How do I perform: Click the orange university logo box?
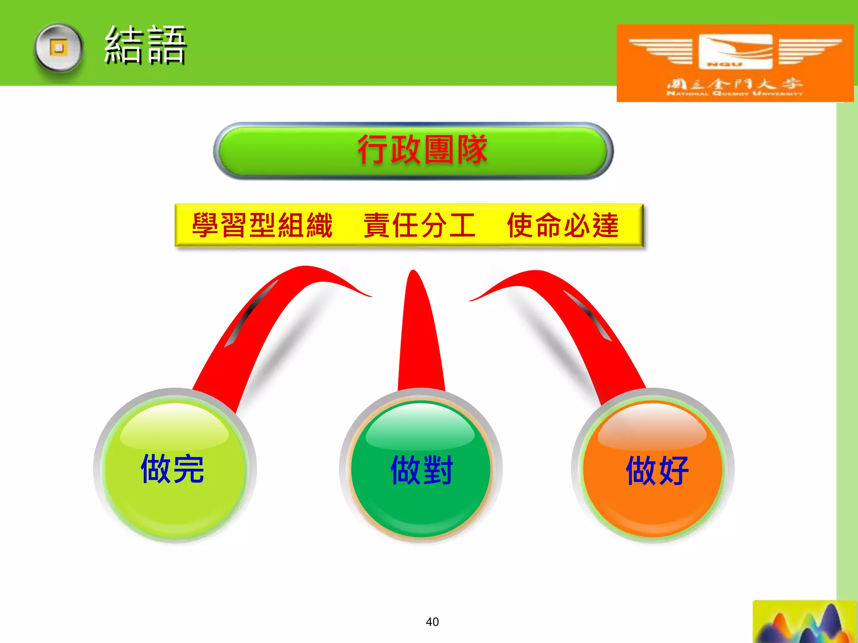[x=735, y=63]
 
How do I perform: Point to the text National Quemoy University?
[x=734, y=93]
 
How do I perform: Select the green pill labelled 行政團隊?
[x=413, y=151]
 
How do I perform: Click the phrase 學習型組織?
[x=262, y=225]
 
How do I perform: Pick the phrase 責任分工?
[x=419, y=225]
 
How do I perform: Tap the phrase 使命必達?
[x=563, y=225]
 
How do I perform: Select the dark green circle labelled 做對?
[x=421, y=469]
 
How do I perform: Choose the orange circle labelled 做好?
[x=653, y=469]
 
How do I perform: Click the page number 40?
[x=432, y=622]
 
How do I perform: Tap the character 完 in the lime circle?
[x=189, y=469]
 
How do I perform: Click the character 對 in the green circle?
[x=438, y=470]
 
